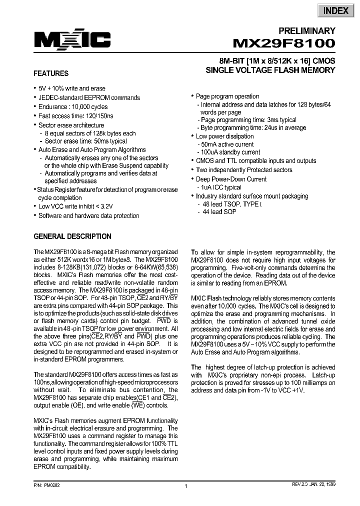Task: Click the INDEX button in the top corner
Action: click(x=335, y=10)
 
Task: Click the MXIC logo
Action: click(x=72, y=40)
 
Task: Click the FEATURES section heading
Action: click(x=51, y=73)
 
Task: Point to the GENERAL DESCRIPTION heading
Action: click(x=72, y=236)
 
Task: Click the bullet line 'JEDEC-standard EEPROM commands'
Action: click(x=89, y=97)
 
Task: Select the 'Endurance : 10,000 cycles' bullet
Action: click(x=73, y=106)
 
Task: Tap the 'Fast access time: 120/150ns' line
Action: click(x=76, y=115)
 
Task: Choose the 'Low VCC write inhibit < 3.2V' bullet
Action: click(x=75, y=206)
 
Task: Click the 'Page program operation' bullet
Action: click(x=227, y=96)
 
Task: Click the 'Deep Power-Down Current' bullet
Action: click(x=231, y=179)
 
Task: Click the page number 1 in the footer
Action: click(x=185, y=486)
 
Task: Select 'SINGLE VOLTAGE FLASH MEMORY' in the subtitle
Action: click(x=270, y=70)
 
